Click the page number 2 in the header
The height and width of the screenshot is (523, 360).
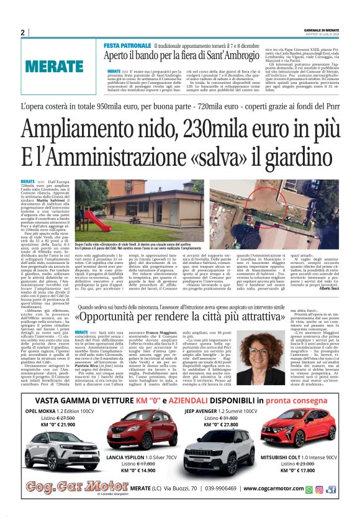pyautogui.click(x=22, y=33)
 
